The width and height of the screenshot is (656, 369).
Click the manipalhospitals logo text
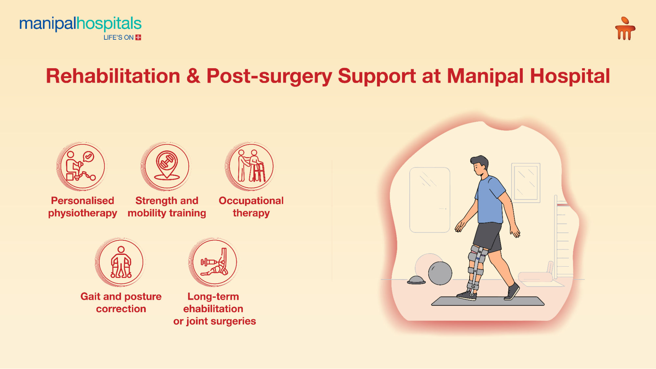tap(80, 24)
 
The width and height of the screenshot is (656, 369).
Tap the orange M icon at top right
tap(625, 29)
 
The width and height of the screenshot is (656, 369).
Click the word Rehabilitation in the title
tap(113, 76)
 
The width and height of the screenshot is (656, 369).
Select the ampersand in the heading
tap(193, 76)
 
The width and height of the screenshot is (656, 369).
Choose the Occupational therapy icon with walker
tap(251, 167)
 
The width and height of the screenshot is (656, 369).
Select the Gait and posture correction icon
tap(121, 262)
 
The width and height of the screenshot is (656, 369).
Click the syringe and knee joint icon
tap(214, 262)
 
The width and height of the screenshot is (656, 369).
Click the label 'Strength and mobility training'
tap(167, 207)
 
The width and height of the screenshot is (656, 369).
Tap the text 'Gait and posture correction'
tap(121, 302)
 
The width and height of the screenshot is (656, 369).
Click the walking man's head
tap(479, 166)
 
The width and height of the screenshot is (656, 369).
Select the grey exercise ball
tap(440, 273)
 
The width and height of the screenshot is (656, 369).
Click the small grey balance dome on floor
tap(416, 280)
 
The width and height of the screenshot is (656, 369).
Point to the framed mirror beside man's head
tap(526, 182)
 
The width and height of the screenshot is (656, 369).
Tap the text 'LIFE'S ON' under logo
tap(118, 38)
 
